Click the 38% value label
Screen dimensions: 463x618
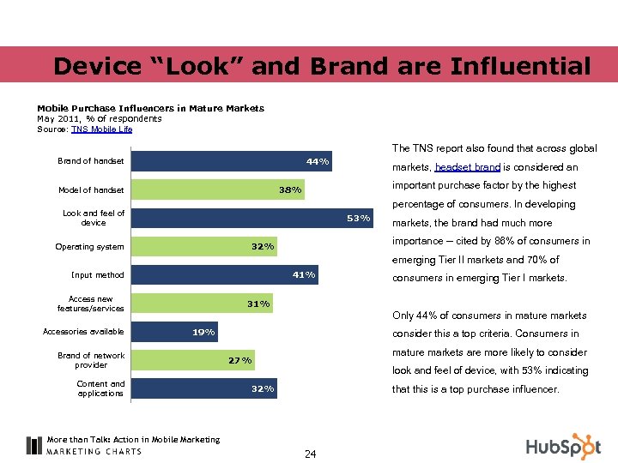pyautogui.click(x=290, y=189)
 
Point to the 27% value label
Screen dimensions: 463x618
pyautogui.click(x=240, y=360)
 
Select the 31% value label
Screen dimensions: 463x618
pyautogui.click(x=258, y=304)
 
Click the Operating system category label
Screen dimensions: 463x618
pyautogui.click(x=89, y=247)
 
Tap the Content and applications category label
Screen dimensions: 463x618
pyautogui.click(x=100, y=388)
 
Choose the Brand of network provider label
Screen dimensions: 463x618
pyautogui.click(x=91, y=360)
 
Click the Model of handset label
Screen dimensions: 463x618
pyautogui.click(x=91, y=189)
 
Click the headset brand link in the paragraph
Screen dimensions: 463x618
pyautogui.click(x=468, y=167)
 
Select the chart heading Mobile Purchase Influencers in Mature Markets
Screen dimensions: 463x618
pyautogui.click(x=150, y=108)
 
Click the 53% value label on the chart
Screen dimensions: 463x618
pyautogui.click(x=358, y=218)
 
